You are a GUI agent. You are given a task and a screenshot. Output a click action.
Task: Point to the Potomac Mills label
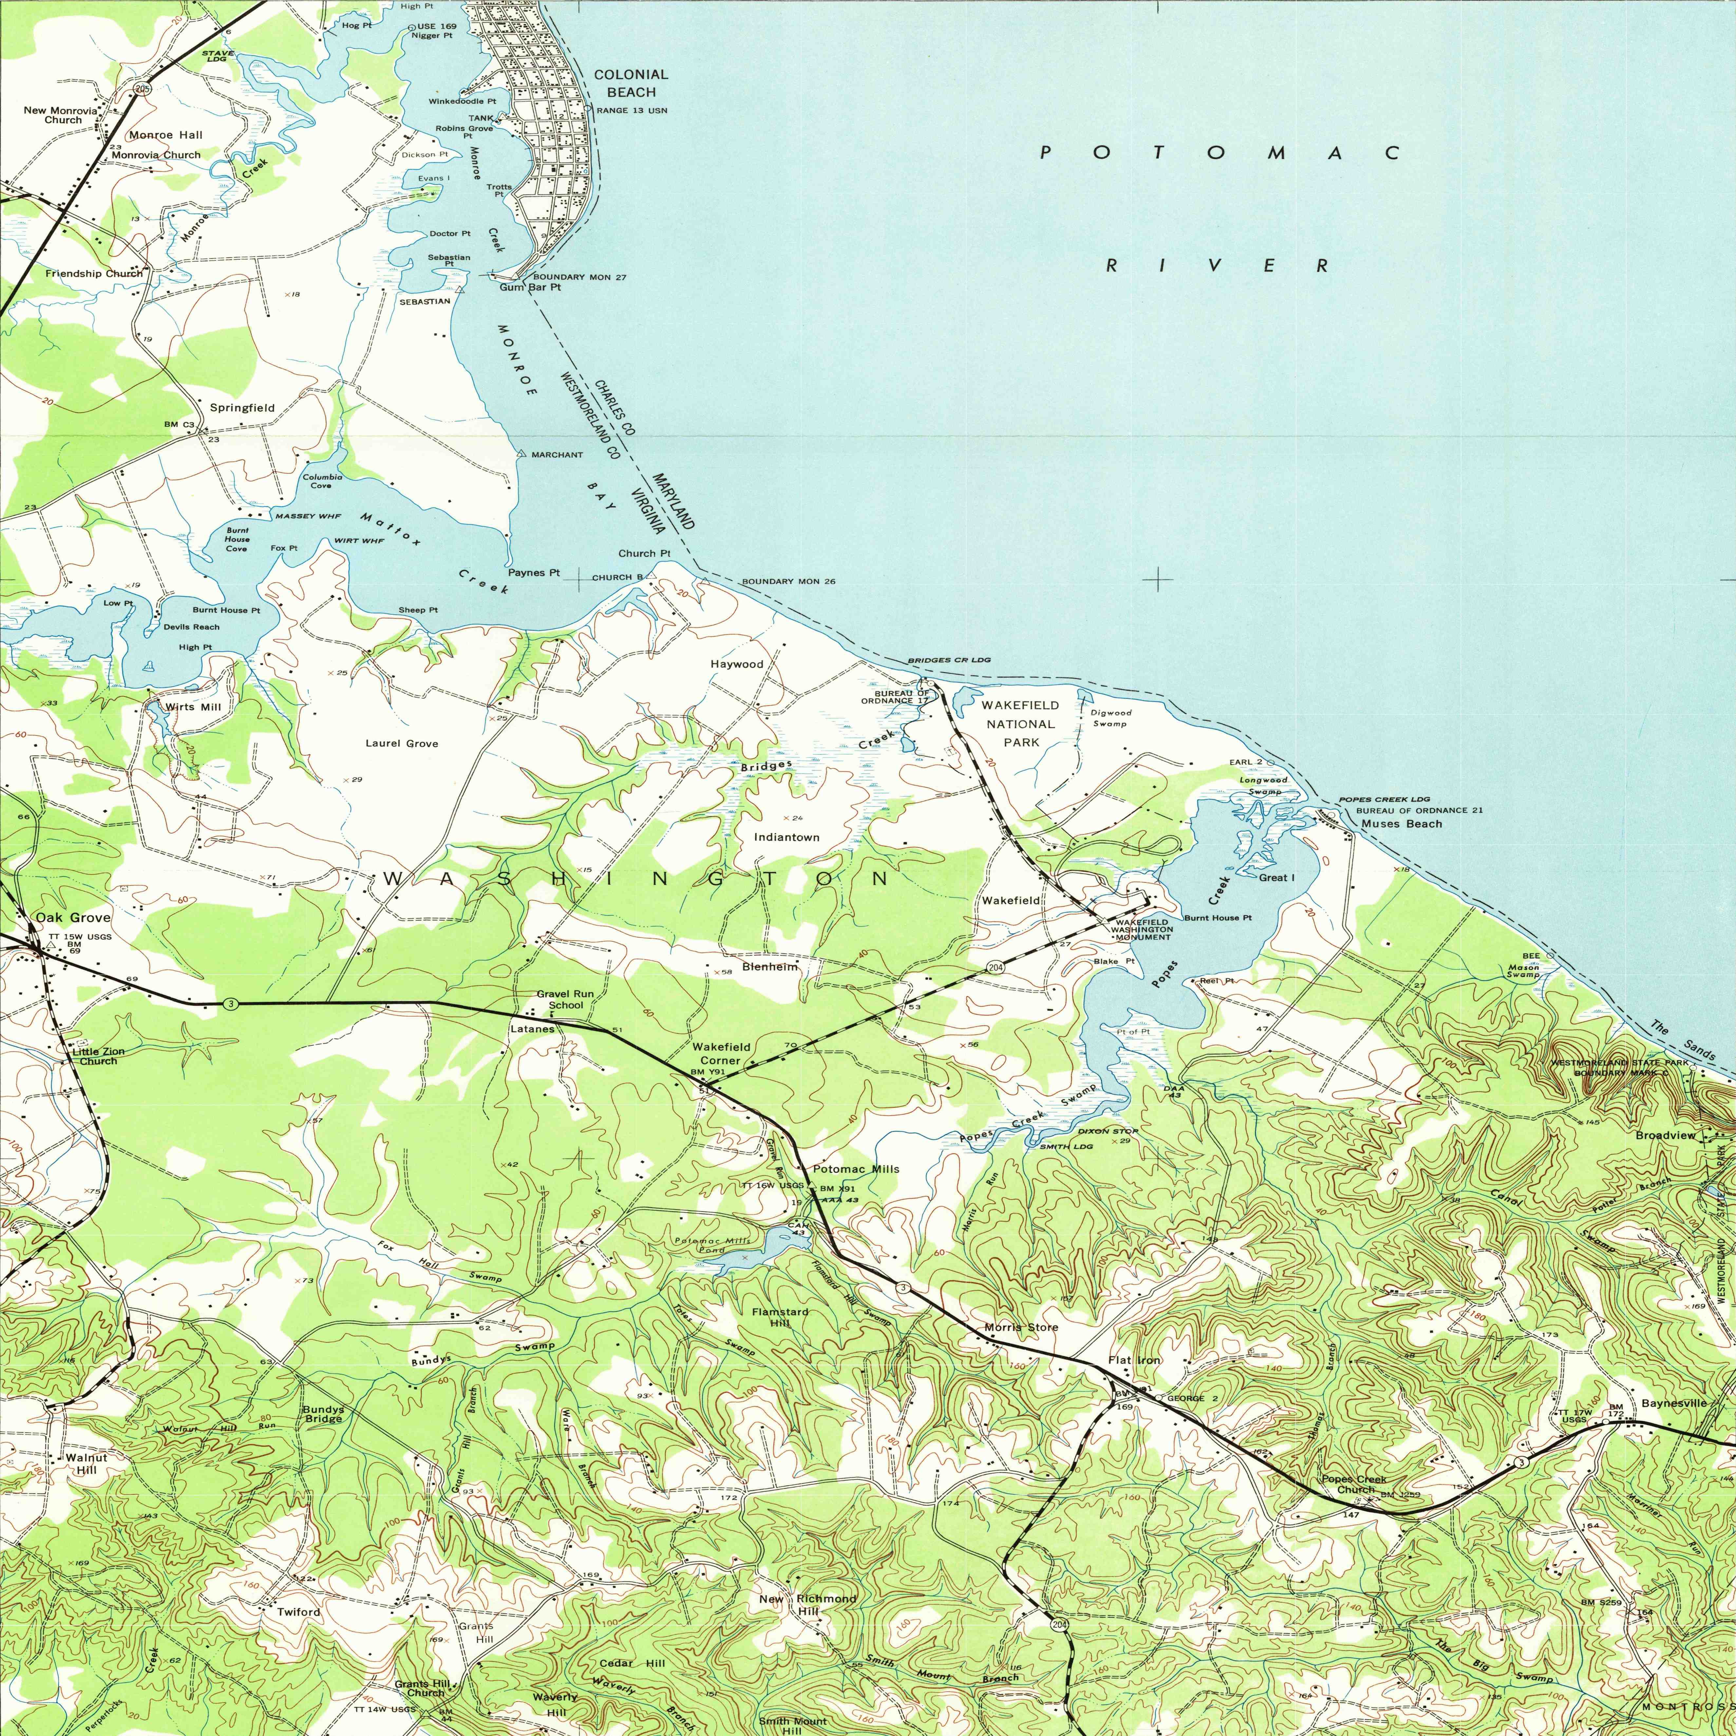click(856, 1169)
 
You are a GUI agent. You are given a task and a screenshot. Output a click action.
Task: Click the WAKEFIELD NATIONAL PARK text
click(1020, 723)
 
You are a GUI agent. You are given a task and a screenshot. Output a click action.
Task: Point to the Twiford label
click(298, 1612)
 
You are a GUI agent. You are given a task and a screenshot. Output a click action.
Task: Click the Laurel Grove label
click(402, 743)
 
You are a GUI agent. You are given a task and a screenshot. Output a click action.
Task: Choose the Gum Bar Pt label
click(530, 288)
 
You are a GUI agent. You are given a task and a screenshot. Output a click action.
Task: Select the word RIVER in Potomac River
click(1217, 265)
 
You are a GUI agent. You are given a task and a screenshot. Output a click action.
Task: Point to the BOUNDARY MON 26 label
click(788, 581)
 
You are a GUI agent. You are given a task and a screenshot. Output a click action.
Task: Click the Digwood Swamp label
click(1111, 717)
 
